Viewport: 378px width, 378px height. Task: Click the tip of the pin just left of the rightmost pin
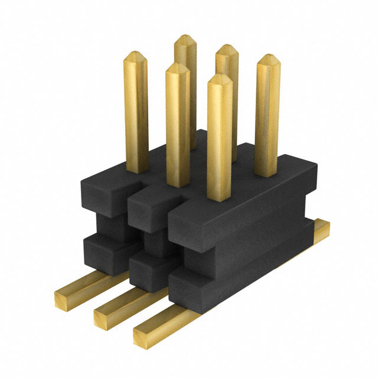tap(226, 48)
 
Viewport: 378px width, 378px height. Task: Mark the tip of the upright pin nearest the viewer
tap(220, 78)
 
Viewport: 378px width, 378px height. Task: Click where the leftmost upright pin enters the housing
tap(136, 170)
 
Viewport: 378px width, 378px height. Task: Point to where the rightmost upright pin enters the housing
tap(267, 174)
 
